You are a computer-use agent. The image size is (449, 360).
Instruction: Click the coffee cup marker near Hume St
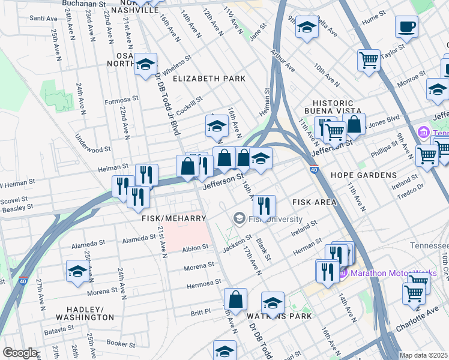coord(406,26)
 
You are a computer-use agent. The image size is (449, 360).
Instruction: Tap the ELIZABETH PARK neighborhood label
coord(209,79)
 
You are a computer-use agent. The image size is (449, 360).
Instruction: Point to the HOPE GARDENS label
coord(363,175)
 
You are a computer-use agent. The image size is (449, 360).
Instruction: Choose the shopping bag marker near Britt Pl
coord(236,299)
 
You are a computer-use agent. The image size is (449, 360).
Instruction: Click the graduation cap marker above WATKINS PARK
coord(273,302)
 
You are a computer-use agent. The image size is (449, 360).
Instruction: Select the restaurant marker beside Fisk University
coord(264,206)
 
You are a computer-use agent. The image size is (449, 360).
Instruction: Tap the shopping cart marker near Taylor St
coord(369,60)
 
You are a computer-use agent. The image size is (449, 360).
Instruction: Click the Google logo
coord(20,353)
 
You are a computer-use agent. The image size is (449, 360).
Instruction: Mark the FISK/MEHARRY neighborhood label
coord(173,218)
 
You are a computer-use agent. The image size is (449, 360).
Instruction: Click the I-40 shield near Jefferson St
coord(314,170)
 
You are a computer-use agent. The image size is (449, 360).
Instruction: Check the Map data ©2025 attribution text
coord(423,355)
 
